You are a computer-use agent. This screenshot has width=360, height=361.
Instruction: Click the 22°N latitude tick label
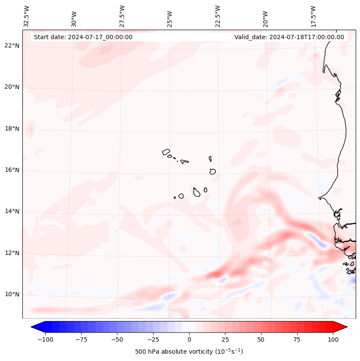(x=12, y=46)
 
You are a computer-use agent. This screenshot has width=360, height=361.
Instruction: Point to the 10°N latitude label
(x=12, y=294)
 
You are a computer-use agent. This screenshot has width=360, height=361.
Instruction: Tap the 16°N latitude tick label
(x=12, y=170)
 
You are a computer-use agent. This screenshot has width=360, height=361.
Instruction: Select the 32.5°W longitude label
(x=27, y=16)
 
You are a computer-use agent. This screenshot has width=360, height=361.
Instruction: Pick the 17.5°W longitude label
(x=314, y=16)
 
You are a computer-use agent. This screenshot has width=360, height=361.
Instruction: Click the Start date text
(x=83, y=37)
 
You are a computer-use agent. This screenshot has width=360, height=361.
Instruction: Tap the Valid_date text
(x=289, y=37)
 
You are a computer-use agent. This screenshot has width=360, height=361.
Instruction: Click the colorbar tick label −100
(x=45, y=340)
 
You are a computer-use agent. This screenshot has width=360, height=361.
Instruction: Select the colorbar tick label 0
(x=189, y=340)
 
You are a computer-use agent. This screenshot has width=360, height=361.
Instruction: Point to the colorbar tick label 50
(x=261, y=340)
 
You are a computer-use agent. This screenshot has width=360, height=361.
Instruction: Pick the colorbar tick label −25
(x=153, y=340)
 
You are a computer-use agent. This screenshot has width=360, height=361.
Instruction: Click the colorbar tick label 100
(x=333, y=340)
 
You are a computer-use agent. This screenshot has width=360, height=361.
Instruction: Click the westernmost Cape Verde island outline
(x=166, y=152)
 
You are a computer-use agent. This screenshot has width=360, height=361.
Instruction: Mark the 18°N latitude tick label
(x=12, y=129)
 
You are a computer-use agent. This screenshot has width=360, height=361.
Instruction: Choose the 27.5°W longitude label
(x=122, y=16)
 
